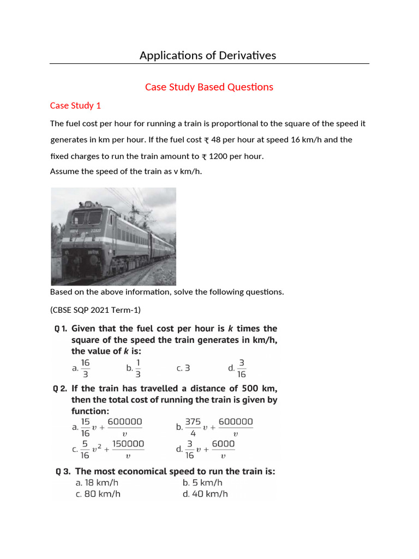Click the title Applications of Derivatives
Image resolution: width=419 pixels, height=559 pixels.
tap(208, 55)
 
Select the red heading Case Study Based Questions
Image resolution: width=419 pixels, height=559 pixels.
tap(209, 87)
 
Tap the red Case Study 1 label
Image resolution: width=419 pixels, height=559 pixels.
tap(75, 105)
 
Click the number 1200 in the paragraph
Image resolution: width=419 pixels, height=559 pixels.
tap(218, 156)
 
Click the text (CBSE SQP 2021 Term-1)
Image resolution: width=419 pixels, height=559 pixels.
tap(95, 310)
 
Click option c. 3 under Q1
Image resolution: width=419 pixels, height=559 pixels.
tap(183, 368)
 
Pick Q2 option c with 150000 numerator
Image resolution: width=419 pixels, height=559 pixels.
tap(109, 449)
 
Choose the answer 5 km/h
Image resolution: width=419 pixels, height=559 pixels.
tap(202, 483)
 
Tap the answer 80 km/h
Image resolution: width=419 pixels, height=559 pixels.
tap(98, 494)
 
